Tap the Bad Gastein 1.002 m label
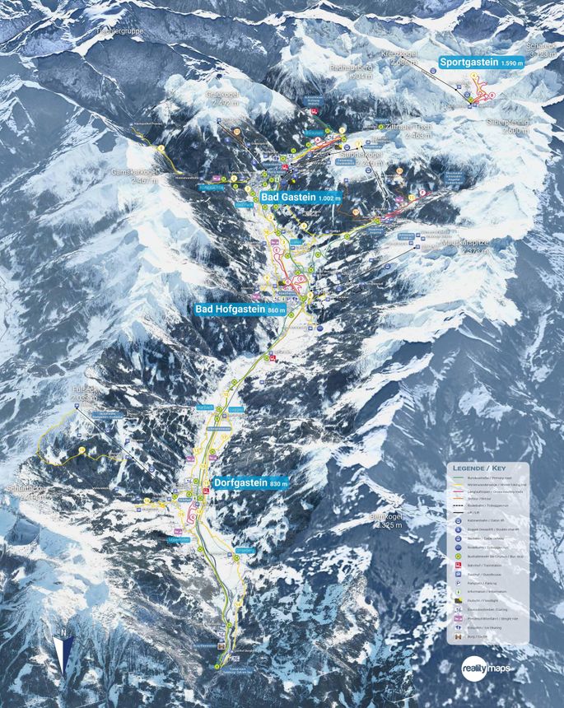pos(301,198)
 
